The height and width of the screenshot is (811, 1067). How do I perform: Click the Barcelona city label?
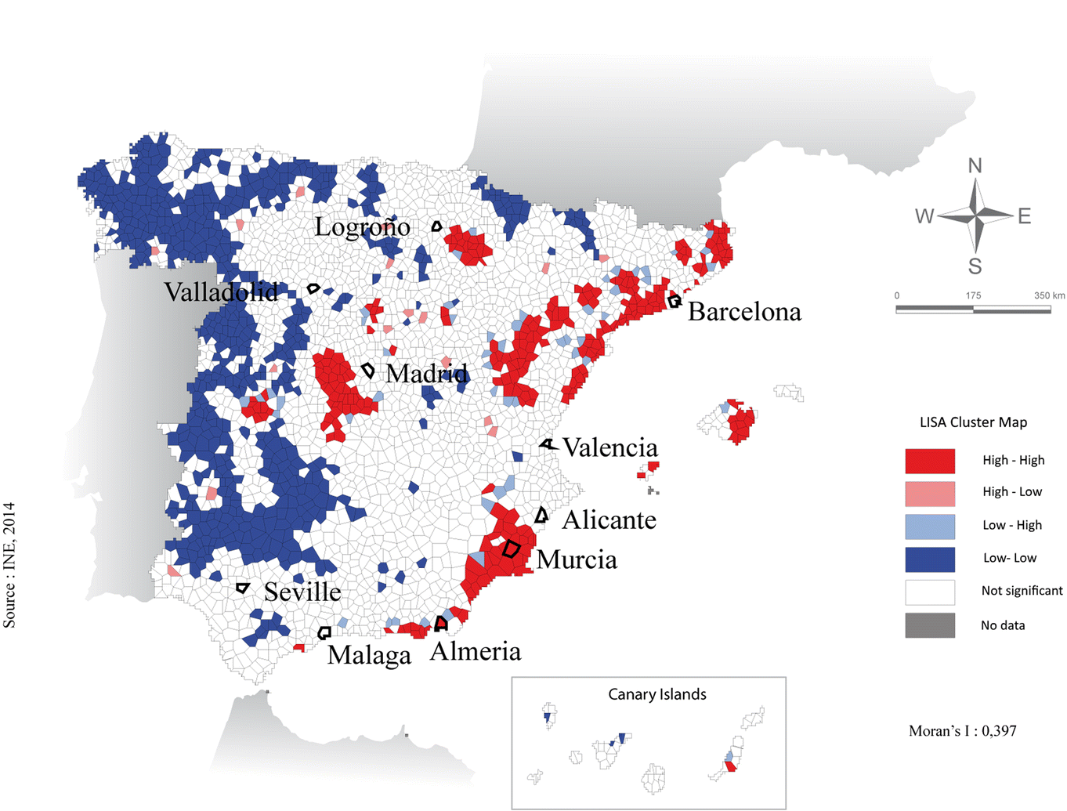[x=744, y=312]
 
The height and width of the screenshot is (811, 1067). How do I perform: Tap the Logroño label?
[x=362, y=227]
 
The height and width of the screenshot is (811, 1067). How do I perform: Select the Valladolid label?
[x=221, y=292]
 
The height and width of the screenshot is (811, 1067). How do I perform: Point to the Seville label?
[x=302, y=592]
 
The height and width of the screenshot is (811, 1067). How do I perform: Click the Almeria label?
[x=476, y=651]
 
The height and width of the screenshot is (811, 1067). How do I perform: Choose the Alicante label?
[x=609, y=520]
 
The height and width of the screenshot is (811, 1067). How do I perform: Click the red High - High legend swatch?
[x=930, y=461]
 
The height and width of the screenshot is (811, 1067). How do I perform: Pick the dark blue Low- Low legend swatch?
[x=930, y=559]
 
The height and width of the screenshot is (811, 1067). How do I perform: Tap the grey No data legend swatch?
[x=930, y=625]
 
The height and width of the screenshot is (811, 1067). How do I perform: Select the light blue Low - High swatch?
[x=930, y=526]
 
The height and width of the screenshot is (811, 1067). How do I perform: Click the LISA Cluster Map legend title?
[x=973, y=422]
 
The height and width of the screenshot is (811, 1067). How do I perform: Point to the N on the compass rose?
[x=975, y=166]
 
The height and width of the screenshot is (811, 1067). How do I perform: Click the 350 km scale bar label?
[x=1049, y=295]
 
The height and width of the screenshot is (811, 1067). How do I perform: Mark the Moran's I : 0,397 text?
[x=962, y=731]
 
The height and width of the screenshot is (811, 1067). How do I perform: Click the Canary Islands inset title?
[x=656, y=694]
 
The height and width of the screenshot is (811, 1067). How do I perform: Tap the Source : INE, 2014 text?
[x=9, y=564]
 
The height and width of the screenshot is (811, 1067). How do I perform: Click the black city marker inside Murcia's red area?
[x=511, y=549]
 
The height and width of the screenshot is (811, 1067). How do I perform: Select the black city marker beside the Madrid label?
[x=368, y=370]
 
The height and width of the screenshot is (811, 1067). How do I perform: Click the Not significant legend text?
[x=1022, y=591]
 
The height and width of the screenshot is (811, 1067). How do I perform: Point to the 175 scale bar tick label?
[x=973, y=295]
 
